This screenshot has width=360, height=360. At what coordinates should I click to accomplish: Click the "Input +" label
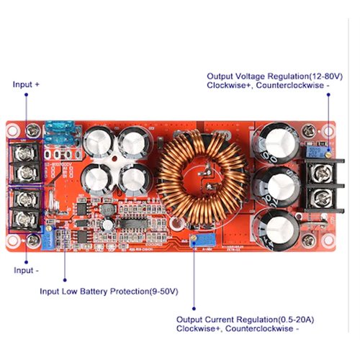[26, 84]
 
